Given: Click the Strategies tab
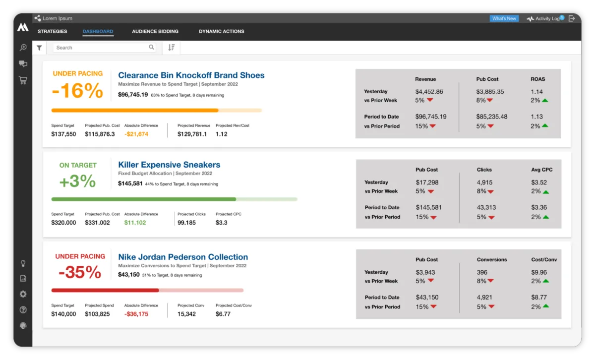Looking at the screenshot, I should [52, 32].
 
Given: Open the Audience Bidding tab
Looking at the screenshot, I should [155, 32].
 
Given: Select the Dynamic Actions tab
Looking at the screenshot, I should [221, 32].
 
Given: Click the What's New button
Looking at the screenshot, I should [504, 19].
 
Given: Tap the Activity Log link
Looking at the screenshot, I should [547, 19].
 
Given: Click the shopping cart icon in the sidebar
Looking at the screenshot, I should [23, 80].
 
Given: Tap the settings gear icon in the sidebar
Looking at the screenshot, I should [23, 294].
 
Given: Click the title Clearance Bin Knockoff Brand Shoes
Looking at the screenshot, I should [191, 75].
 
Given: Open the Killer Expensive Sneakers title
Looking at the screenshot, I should [169, 165].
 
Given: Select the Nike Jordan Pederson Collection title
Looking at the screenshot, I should [183, 257].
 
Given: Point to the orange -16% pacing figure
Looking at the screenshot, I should [77, 91].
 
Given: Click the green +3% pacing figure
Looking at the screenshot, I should [77, 181].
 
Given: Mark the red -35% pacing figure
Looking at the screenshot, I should [79, 272].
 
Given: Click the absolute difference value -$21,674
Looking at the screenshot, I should [136, 134].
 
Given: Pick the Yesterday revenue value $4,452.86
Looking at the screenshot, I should [429, 92].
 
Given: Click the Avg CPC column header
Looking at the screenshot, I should [541, 170].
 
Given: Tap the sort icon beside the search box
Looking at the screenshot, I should [171, 48].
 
